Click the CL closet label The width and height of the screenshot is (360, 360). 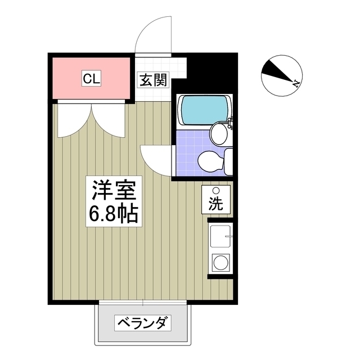pyautogui.click(x=91, y=79)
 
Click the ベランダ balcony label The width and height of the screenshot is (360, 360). pyautogui.click(x=142, y=323)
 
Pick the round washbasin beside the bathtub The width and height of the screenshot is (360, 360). pyautogui.click(x=218, y=134)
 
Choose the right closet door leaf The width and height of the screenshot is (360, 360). pyautogui.click(x=108, y=119)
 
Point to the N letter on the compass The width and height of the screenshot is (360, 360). pyautogui.click(x=296, y=83)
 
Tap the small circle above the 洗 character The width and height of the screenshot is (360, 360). pyautogui.click(x=216, y=191)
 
